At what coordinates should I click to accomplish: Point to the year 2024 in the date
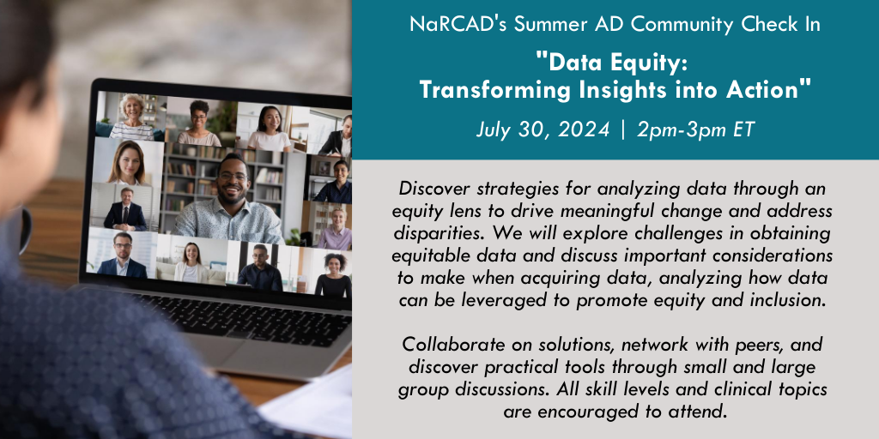[584, 129]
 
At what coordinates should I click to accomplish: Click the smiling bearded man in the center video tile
[230, 200]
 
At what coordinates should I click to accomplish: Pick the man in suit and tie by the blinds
[125, 210]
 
